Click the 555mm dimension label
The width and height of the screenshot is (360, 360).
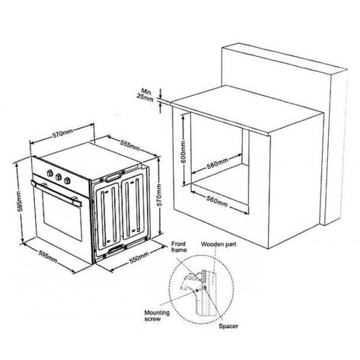130,145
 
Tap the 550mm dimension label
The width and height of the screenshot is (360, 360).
139,257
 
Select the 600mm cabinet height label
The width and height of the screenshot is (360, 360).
184,152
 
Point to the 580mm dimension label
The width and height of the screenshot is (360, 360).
217,163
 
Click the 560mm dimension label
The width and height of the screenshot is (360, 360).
217,201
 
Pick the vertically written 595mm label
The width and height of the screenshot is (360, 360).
19,202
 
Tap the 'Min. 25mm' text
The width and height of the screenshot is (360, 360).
145,95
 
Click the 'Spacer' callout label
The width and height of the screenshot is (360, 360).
228,326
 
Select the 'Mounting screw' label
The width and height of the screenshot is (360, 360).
157,316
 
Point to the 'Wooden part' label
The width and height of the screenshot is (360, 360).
218,244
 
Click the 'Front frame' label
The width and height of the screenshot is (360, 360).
179,247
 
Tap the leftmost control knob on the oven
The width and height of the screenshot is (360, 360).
50,173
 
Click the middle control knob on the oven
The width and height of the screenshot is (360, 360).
59,177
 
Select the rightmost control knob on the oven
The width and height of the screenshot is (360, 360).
67,181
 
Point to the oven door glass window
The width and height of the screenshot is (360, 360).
62,217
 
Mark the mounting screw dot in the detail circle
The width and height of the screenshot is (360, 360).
197,290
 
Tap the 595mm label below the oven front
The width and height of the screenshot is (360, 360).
48,257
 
